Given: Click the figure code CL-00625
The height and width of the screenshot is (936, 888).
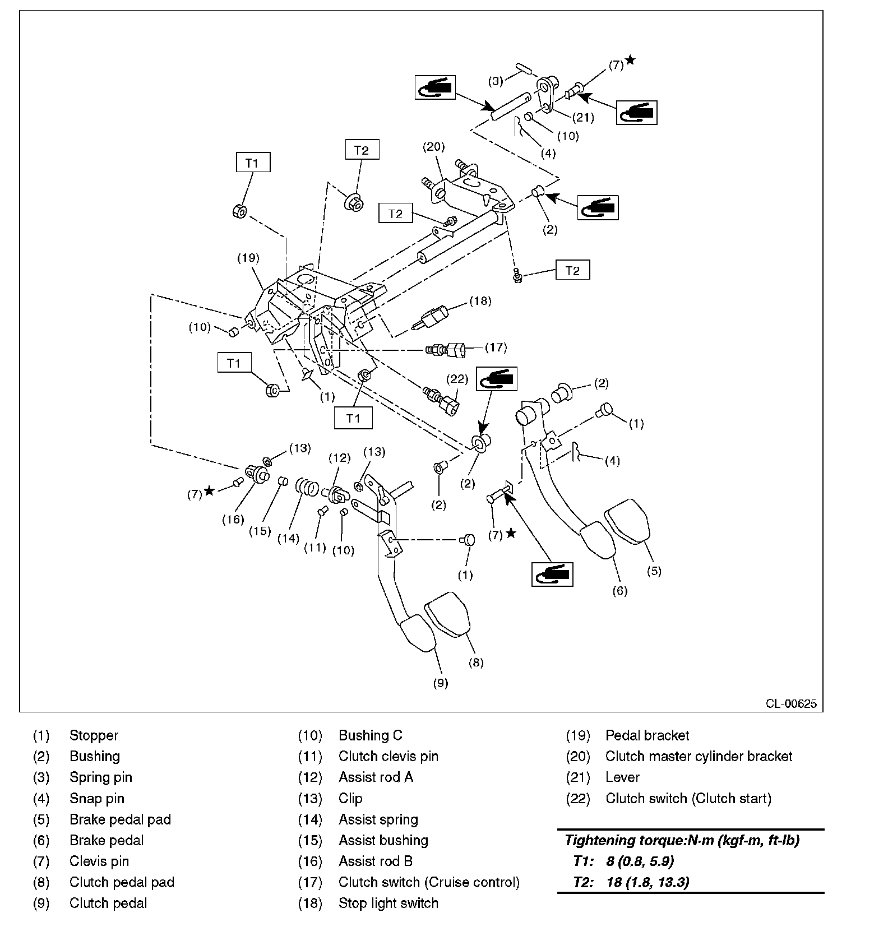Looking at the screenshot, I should pos(791,704).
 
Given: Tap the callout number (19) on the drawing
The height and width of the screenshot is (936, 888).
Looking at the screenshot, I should pos(248,258).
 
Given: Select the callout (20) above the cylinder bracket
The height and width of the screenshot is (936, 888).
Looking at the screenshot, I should pos(433,147).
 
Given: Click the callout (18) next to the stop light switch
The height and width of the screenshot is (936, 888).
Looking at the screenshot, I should pos(480,301).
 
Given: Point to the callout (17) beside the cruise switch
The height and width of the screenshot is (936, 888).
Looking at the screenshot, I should pos(496,347).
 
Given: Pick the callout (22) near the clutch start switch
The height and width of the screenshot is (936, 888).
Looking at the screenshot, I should pos(457,379).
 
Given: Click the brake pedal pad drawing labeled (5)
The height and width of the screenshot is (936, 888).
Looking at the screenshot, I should pos(628,520).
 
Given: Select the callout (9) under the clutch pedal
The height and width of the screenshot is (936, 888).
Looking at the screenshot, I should pos(441,683).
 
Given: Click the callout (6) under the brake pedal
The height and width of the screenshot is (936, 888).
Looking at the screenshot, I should pos(619,591).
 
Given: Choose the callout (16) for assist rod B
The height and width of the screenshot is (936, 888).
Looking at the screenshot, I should pos(233,519).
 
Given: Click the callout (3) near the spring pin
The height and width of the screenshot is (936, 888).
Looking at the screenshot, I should pos(496,81).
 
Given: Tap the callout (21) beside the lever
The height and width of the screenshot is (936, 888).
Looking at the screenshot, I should pos(583,118).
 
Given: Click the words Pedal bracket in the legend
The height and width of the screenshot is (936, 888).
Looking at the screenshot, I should pos(647,735).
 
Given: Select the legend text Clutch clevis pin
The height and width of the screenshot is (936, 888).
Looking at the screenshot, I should pos(388,756).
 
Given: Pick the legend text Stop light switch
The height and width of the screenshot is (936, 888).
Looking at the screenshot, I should pos(388,903).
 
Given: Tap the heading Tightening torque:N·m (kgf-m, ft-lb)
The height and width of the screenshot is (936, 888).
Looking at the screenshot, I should pos(682,840).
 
